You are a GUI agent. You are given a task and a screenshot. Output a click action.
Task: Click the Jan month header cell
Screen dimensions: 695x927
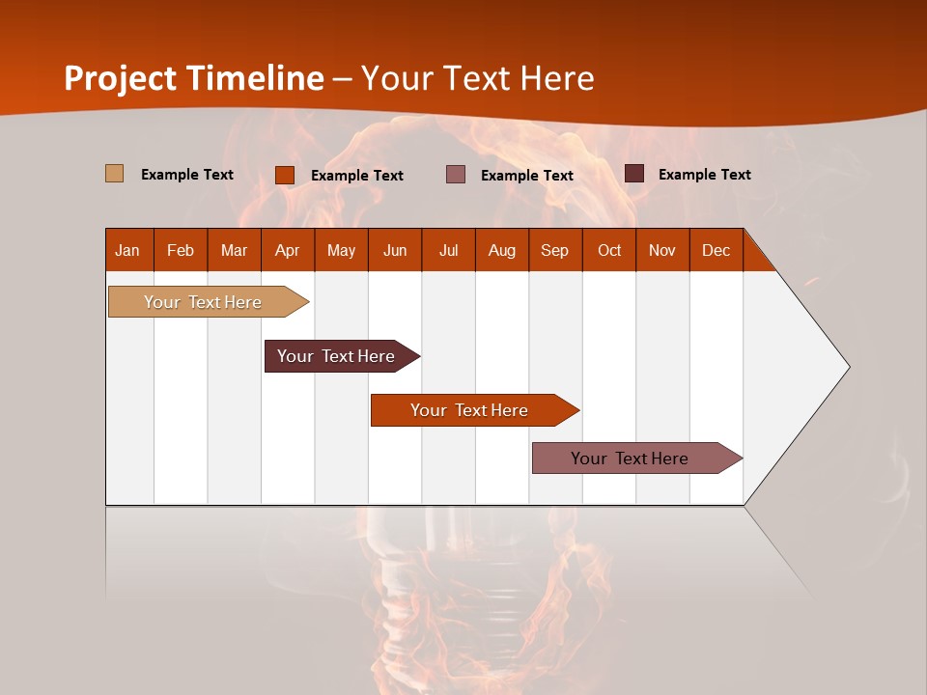[128, 250]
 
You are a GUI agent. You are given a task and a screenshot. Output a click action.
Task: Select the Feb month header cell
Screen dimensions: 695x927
[181, 250]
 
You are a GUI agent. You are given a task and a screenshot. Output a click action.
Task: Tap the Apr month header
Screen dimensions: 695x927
[287, 250]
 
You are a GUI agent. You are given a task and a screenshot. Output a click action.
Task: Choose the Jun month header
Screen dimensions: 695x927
[395, 250]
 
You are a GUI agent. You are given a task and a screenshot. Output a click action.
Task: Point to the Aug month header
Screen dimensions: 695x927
[501, 250]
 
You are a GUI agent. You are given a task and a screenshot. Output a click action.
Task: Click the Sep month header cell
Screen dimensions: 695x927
[555, 250]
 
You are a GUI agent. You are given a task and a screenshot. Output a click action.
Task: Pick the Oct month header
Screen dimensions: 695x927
[609, 250]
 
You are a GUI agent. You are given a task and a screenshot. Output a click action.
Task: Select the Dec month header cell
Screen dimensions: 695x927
[716, 250]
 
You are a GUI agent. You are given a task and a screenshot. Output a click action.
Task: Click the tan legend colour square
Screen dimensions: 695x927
[114, 174]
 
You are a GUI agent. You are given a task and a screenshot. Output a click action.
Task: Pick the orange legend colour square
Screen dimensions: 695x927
[285, 175]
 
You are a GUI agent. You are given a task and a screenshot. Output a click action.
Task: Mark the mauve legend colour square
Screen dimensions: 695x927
[456, 174]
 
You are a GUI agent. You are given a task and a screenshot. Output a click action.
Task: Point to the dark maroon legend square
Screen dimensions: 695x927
[634, 174]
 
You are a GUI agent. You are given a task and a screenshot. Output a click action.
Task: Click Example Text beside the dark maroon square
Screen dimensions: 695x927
[704, 175]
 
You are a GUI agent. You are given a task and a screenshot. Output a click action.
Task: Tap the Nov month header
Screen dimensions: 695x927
[662, 250]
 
